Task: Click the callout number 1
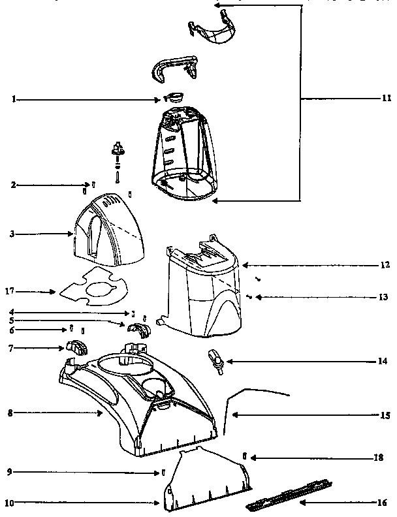pyautogui.click(x=14, y=99)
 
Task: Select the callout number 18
pyautogui.click(x=379, y=458)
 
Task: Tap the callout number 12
pyautogui.click(x=385, y=266)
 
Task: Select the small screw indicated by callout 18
pyautogui.click(x=243, y=455)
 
